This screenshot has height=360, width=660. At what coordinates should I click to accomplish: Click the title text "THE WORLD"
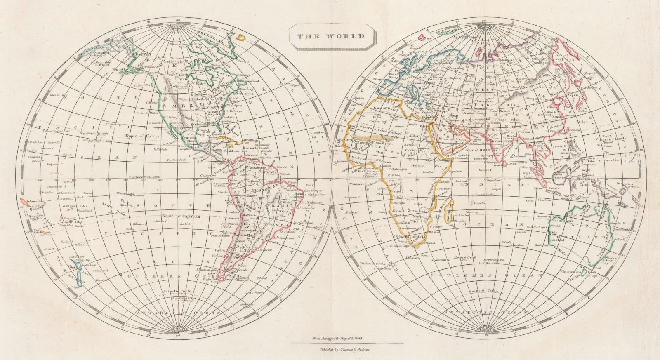click(331, 36)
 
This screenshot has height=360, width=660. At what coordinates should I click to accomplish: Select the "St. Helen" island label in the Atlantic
click(351, 213)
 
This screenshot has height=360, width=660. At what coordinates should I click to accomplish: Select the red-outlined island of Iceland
click(422, 38)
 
